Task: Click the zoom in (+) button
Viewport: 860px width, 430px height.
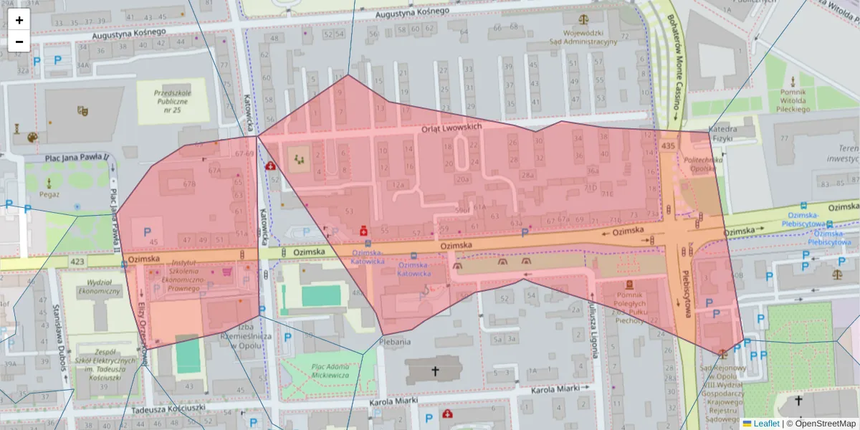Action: coord(19,20)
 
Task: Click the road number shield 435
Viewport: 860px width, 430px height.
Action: coord(669,145)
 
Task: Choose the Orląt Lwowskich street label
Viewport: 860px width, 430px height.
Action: coord(451,127)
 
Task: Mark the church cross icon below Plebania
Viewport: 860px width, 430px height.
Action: coord(434,371)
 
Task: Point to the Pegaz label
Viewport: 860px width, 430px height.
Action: coord(49,194)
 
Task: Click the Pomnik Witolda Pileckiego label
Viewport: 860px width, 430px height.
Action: coord(793,101)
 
